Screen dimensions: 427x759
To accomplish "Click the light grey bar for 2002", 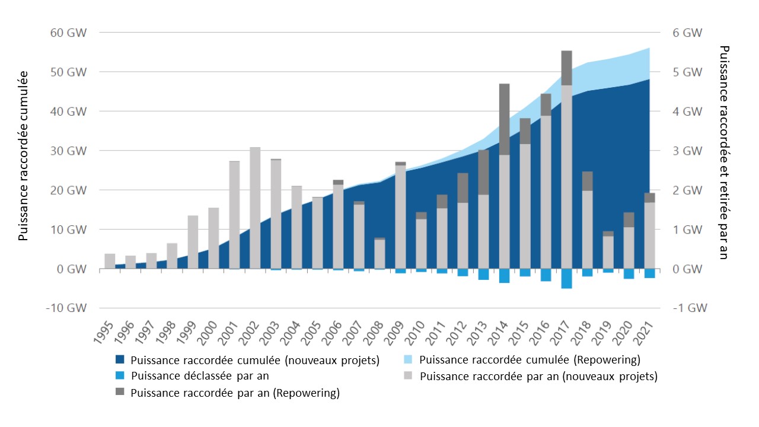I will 255,208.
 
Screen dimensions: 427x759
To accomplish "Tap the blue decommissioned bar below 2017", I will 566,278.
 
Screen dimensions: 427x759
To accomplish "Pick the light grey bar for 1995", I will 110,261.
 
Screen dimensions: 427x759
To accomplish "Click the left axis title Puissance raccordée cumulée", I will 23,155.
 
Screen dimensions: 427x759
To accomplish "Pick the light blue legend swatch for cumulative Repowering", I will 409,359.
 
